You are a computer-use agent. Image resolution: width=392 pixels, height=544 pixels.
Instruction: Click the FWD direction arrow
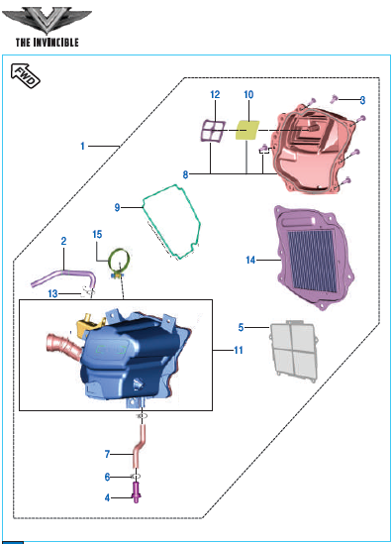tap(26, 75)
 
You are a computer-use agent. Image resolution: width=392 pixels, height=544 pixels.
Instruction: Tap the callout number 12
tap(215, 94)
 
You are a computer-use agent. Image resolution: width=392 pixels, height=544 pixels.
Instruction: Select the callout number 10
tap(248, 94)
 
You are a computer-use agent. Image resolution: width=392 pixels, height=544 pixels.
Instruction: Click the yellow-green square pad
tap(247, 130)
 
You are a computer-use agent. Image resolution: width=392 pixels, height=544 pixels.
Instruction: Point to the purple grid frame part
tap(213, 131)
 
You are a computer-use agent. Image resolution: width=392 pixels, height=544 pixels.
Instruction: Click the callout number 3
tap(362, 100)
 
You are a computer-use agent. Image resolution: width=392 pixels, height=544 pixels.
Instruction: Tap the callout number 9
tap(117, 207)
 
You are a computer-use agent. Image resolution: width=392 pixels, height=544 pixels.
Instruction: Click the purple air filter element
tap(314, 258)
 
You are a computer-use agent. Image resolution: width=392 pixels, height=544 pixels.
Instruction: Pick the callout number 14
tap(250, 260)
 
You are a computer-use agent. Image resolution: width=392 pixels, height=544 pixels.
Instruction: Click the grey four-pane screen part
tap(293, 351)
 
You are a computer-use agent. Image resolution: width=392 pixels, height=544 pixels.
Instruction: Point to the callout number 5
tap(241, 327)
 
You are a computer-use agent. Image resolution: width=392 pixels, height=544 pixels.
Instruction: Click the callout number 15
tap(97, 234)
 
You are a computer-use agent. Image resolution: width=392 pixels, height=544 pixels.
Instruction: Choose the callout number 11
tap(239, 350)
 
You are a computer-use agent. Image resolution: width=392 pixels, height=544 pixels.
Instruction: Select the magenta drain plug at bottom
tap(137, 492)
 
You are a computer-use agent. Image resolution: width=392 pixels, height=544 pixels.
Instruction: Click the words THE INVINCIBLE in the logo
tap(48, 43)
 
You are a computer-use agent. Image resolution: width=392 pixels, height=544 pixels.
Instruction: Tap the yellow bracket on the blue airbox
tap(87, 323)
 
